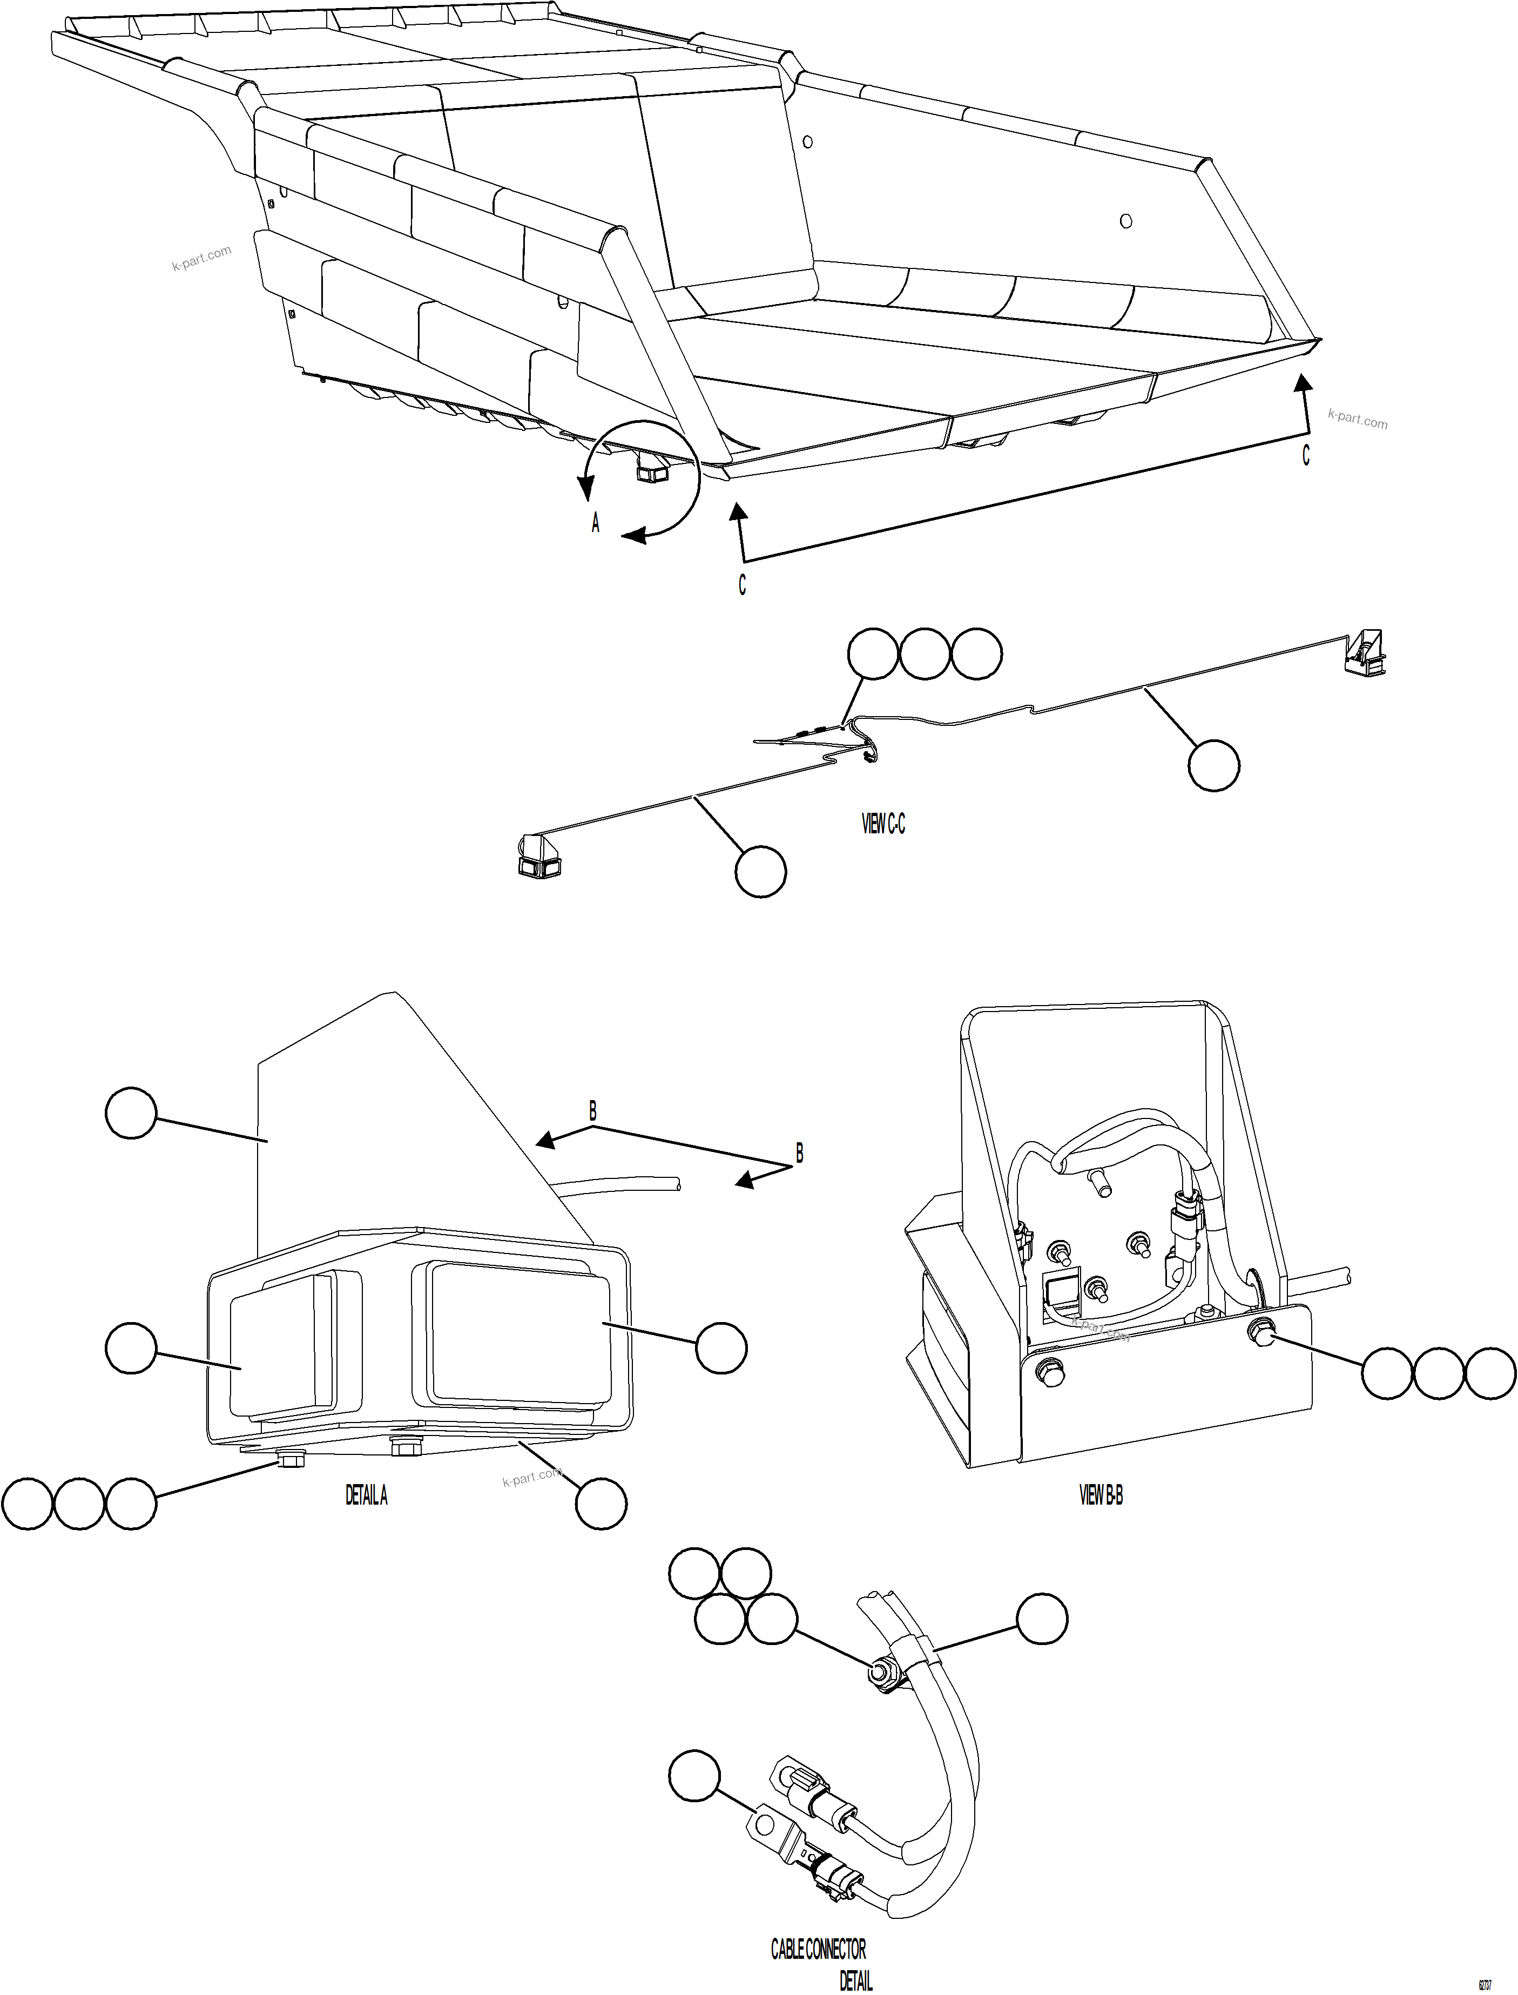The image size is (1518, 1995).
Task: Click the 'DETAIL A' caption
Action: (366, 1495)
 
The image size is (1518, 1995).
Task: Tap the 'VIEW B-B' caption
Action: (1101, 1495)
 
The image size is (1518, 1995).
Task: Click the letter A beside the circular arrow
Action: (596, 523)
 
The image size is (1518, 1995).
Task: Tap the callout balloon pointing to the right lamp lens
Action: (721, 1348)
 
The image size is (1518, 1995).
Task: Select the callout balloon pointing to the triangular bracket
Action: (132, 1113)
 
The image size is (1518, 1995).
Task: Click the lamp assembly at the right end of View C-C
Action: (1365, 652)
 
